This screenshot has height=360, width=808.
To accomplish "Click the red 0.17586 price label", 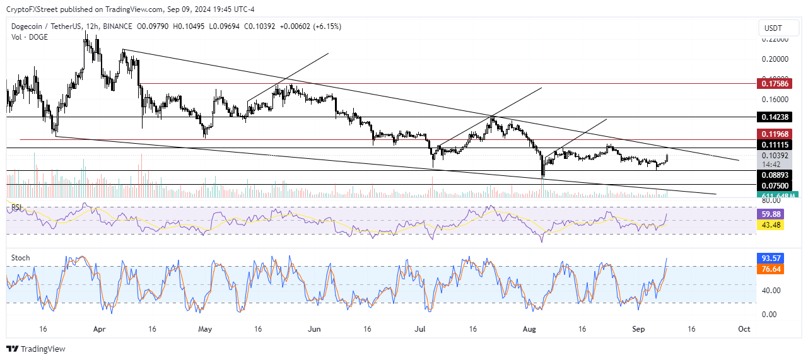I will click(x=775, y=83).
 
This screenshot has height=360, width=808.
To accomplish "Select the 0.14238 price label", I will click(x=775, y=117).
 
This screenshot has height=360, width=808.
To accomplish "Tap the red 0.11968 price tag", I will click(x=775, y=134).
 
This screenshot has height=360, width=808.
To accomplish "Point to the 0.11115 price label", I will click(x=775, y=145).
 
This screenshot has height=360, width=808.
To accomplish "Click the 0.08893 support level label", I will click(x=775, y=175).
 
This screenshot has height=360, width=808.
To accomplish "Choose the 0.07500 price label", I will click(x=775, y=185).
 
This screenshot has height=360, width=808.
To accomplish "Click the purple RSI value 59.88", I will click(x=772, y=214).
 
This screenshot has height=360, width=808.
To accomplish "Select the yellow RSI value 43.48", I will click(x=772, y=225).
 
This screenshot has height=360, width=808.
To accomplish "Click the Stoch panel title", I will click(x=21, y=258).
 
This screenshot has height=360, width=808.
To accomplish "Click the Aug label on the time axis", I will click(x=530, y=329).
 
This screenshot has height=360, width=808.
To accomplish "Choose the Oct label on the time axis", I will click(x=744, y=329).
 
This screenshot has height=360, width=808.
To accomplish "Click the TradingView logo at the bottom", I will click(x=36, y=349).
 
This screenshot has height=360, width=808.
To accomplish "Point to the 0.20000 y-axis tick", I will click(x=775, y=59).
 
